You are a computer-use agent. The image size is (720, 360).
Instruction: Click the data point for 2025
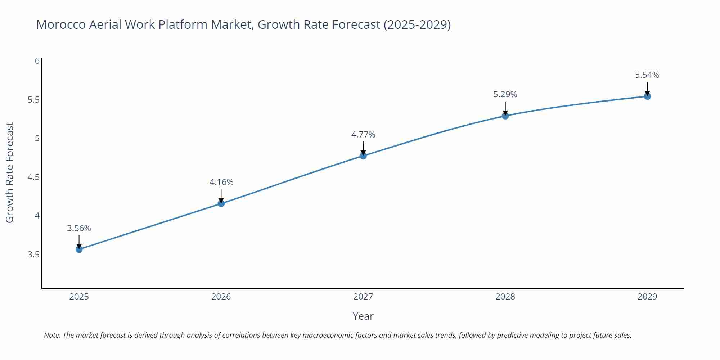(79, 249)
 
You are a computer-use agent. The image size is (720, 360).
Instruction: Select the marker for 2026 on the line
(221, 203)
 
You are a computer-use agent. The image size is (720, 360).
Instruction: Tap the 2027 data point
(363, 156)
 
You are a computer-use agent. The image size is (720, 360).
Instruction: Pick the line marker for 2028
(505, 116)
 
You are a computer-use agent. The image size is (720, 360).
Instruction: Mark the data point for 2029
(647, 96)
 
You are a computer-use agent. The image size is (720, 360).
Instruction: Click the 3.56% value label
(79, 228)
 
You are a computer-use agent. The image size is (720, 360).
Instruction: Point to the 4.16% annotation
(221, 182)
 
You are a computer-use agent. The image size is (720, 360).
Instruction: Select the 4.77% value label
(363, 135)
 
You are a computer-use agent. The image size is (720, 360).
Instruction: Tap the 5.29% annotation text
(505, 94)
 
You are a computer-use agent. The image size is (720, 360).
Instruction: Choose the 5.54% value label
(647, 75)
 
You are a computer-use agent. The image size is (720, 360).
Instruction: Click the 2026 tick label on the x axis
(221, 297)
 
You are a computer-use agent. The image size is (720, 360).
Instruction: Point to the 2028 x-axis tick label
(505, 297)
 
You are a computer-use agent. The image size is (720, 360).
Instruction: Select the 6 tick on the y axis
(37, 61)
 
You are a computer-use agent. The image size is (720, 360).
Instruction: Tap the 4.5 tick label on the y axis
(33, 177)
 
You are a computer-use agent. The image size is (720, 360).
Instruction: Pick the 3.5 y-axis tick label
(33, 255)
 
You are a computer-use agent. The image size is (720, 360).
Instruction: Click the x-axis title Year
(363, 316)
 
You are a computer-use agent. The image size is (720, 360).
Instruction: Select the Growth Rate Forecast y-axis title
(10, 172)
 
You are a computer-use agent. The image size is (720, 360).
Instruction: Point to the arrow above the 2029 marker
(647, 88)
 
